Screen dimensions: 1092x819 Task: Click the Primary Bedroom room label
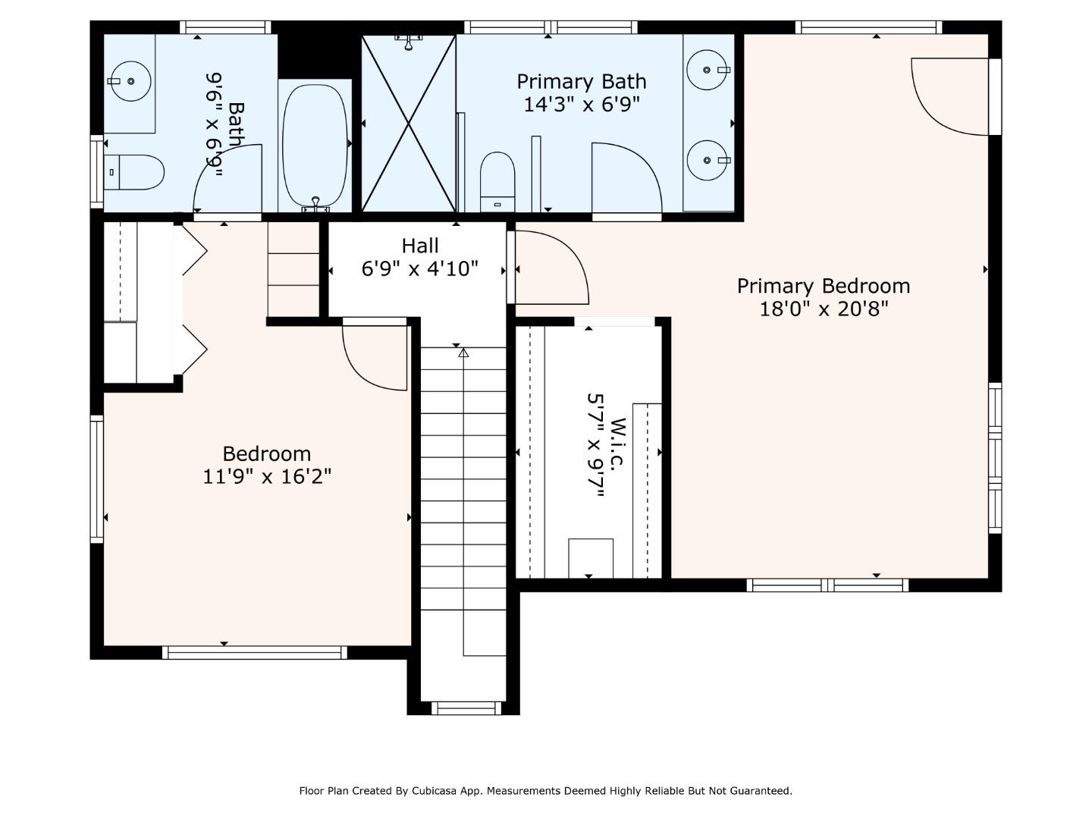tap(824, 286)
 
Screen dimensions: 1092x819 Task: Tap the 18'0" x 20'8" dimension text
tap(824, 309)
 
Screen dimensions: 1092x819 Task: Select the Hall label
tap(420, 246)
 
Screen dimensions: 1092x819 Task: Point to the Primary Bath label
tap(582, 82)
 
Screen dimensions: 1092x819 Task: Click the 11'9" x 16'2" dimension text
tap(267, 477)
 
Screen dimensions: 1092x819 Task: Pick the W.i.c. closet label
tap(617, 444)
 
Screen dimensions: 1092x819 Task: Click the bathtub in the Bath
tap(315, 145)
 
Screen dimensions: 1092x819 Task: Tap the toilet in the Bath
tap(133, 172)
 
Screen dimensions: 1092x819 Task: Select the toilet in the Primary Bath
tap(497, 182)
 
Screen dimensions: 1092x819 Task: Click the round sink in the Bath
tap(130, 81)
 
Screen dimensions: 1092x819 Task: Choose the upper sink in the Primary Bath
tap(707, 70)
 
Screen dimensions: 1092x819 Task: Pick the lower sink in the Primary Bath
tap(707, 160)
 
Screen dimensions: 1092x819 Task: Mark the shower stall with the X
tap(409, 124)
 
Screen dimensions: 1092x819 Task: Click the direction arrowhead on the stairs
tap(463, 353)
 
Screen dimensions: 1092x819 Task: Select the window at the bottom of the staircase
tap(466, 708)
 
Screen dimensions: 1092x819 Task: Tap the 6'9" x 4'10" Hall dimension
tap(420, 269)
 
